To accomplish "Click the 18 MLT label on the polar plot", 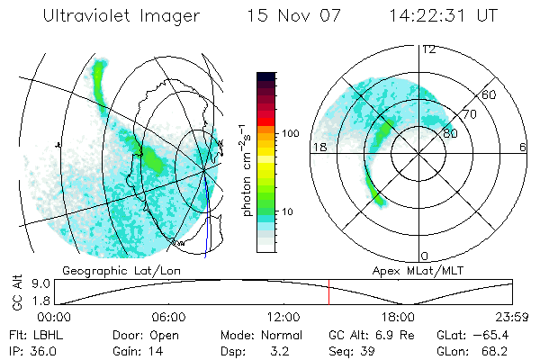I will [x=317, y=147].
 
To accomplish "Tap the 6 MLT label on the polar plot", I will [x=523, y=147].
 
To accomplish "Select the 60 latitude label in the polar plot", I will [x=490, y=94].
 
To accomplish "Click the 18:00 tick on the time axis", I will [x=399, y=317].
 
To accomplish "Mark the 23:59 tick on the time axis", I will [x=510, y=317].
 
